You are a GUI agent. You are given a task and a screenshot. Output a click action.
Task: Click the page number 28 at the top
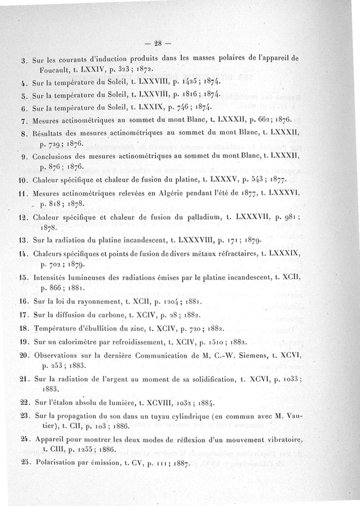click(x=157, y=44)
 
